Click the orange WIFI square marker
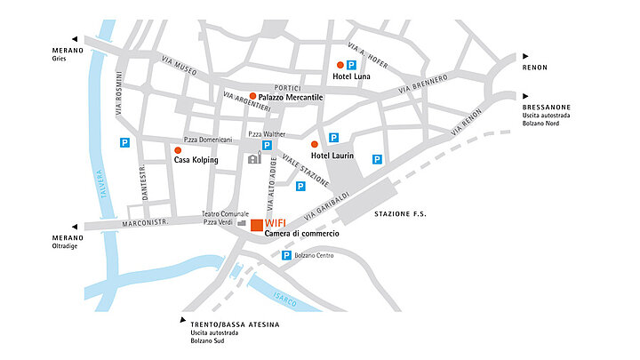click(x=256, y=225)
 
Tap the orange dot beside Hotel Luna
click(x=340, y=65)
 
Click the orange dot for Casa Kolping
click(x=178, y=150)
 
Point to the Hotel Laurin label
click(x=332, y=156)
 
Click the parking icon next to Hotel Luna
click(x=351, y=65)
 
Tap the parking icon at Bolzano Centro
click(x=286, y=256)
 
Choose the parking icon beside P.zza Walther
click(x=266, y=146)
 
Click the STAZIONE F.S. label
click(x=400, y=214)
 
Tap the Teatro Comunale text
click(x=224, y=214)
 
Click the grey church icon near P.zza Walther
click(x=254, y=160)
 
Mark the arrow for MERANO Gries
click(x=76, y=40)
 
